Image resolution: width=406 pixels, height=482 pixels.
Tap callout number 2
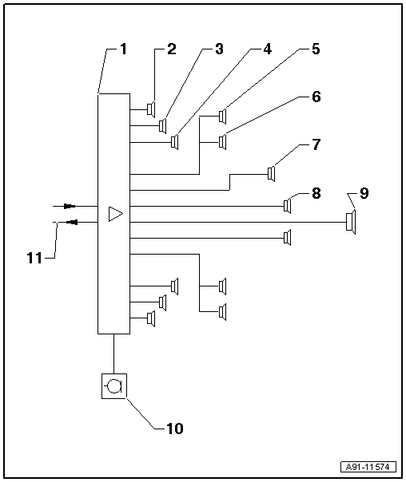170,49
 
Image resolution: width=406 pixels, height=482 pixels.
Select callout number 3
218,49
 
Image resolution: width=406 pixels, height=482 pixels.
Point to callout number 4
267,49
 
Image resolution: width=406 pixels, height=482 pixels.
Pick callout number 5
315,49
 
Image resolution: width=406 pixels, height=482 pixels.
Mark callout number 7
315,145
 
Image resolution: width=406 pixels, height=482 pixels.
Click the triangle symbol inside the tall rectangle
114,213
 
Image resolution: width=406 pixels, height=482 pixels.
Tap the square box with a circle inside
114,386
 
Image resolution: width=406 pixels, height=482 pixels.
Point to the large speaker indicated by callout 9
350,221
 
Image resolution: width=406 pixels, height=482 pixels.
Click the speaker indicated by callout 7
272,174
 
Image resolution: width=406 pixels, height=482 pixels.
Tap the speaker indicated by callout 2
150,109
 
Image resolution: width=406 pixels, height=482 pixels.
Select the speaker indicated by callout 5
223,117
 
